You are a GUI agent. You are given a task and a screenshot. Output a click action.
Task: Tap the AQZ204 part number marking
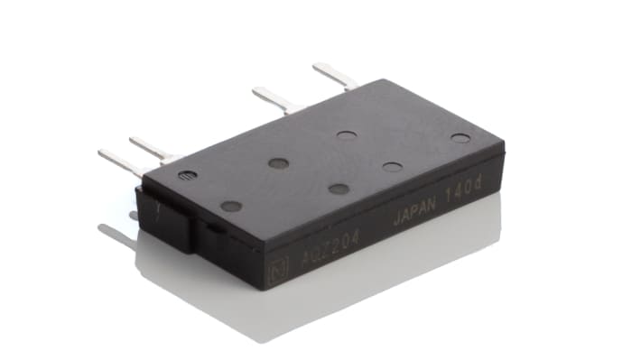pyautogui.click(x=317, y=254)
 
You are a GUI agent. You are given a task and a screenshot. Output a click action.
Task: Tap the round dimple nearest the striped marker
pyautogui.click(x=231, y=206)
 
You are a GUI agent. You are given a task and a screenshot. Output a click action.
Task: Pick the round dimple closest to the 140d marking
pyautogui.click(x=460, y=138)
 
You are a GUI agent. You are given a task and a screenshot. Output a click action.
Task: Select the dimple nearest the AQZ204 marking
pyautogui.click(x=339, y=189)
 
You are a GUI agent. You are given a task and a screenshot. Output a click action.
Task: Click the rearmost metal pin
pyautogui.click(x=333, y=75)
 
